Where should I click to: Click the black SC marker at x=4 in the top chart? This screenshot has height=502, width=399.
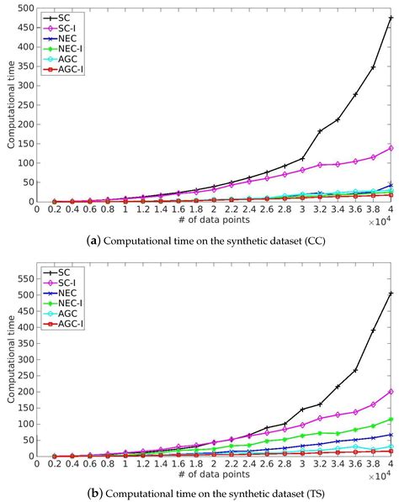[x=391, y=18]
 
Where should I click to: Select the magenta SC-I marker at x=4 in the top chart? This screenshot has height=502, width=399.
[x=391, y=148]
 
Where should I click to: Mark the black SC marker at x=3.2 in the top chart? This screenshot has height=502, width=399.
[x=320, y=131]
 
